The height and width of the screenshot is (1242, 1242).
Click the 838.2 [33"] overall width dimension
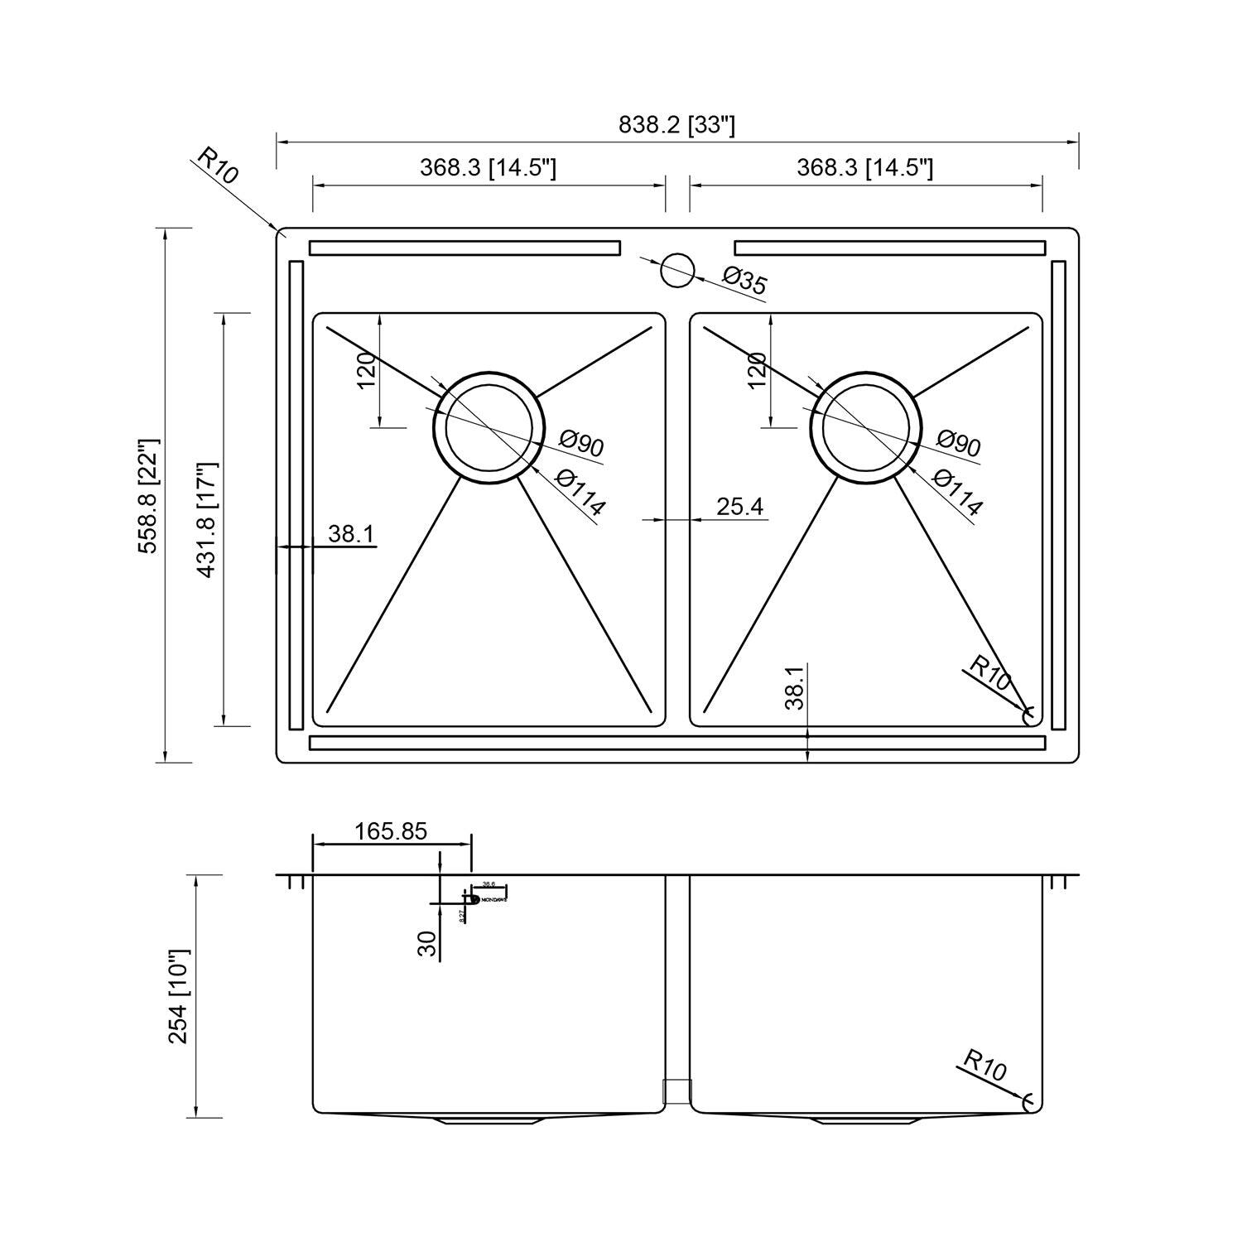coord(676,125)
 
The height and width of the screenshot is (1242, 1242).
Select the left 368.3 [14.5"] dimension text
coord(488,168)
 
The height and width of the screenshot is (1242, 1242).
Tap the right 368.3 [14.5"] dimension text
coord(864,168)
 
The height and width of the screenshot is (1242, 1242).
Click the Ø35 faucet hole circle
coord(677,270)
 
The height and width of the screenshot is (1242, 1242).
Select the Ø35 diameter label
coord(744,281)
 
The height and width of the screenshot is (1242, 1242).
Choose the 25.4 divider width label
coord(739,507)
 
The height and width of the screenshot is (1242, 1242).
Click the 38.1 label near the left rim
coord(351,534)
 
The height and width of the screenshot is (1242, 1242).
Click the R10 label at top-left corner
coord(218,166)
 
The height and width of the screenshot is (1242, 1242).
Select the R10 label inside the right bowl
coord(990,673)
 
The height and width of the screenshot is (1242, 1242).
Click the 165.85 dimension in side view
coord(391,831)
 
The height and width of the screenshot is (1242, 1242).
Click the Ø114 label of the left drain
coord(580,492)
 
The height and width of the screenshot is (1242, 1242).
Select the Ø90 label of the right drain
coord(958,444)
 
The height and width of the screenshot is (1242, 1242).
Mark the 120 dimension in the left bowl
coord(367,370)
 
